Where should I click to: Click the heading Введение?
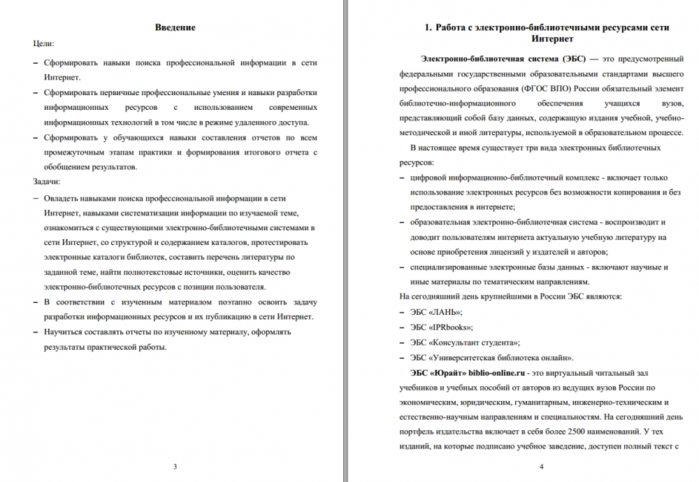175,28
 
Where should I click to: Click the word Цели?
43,43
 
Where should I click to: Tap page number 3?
175,467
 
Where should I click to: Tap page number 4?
542,467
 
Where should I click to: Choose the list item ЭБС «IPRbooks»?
442,327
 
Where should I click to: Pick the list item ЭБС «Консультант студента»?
465,342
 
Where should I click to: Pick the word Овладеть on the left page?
62,198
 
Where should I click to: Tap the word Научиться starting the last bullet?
64,333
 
